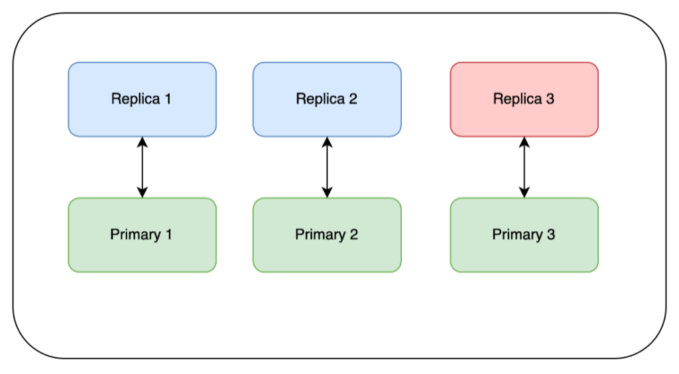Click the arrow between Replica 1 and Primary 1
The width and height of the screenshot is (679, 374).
coord(142,167)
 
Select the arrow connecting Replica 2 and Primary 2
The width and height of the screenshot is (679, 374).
coord(326,167)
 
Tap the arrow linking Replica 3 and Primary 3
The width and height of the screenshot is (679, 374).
coord(524,167)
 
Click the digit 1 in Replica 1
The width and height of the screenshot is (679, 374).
coord(168,99)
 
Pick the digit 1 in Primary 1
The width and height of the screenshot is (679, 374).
coord(168,234)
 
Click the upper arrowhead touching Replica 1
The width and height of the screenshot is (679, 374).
coord(142,142)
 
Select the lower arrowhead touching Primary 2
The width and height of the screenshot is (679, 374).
coord(326,193)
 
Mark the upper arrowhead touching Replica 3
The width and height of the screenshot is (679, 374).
coord(524,142)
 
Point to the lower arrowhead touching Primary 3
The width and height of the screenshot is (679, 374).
coord(524,193)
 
